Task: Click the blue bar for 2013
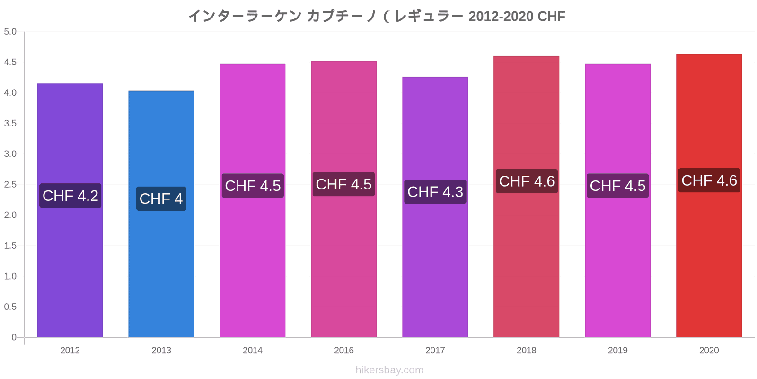coord(161,214)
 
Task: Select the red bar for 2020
coord(709,196)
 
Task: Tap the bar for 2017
coord(435,207)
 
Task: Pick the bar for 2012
coord(70,210)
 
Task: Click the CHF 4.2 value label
coord(70,196)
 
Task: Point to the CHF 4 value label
coord(161,199)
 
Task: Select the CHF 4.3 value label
coord(435,192)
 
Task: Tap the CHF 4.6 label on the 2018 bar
coord(527,181)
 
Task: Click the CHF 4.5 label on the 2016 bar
coord(343,184)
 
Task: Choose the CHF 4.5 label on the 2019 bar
coord(618,186)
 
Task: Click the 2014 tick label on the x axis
coord(253,350)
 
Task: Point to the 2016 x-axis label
coord(343,350)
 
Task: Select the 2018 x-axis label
coord(526,350)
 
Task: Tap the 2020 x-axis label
coord(709,350)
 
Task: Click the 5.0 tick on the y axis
coord(10,31)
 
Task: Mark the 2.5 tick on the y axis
coord(10,184)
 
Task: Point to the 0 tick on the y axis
coord(14,337)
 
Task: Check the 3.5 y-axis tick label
coord(10,123)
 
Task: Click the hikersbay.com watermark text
coord(389,370)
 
